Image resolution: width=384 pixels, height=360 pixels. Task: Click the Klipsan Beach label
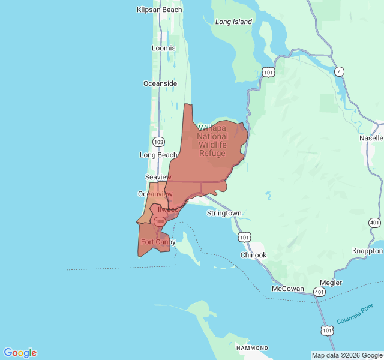pos(159,10)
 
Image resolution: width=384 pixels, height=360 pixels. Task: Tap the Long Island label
pos(233,22)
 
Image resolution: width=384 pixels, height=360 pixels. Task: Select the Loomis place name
pos(164,48)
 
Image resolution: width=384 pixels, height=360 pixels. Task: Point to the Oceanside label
pos(160,83)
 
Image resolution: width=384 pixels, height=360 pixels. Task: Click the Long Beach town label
pos(158,155)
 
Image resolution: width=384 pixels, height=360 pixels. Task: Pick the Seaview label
pos(158,177)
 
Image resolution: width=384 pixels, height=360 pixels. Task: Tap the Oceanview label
pos(155,194)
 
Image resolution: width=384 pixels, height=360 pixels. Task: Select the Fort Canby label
pos(158,242)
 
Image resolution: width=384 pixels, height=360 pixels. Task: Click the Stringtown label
pos(224,213)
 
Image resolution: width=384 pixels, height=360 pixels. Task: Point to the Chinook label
pos(253,255)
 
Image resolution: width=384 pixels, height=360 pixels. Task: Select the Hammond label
pos(252,348)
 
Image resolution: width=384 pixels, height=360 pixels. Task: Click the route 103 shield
pos(158,142)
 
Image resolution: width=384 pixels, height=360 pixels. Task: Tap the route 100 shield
pos(160,221)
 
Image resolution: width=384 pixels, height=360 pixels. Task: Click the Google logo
pos(20,353)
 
